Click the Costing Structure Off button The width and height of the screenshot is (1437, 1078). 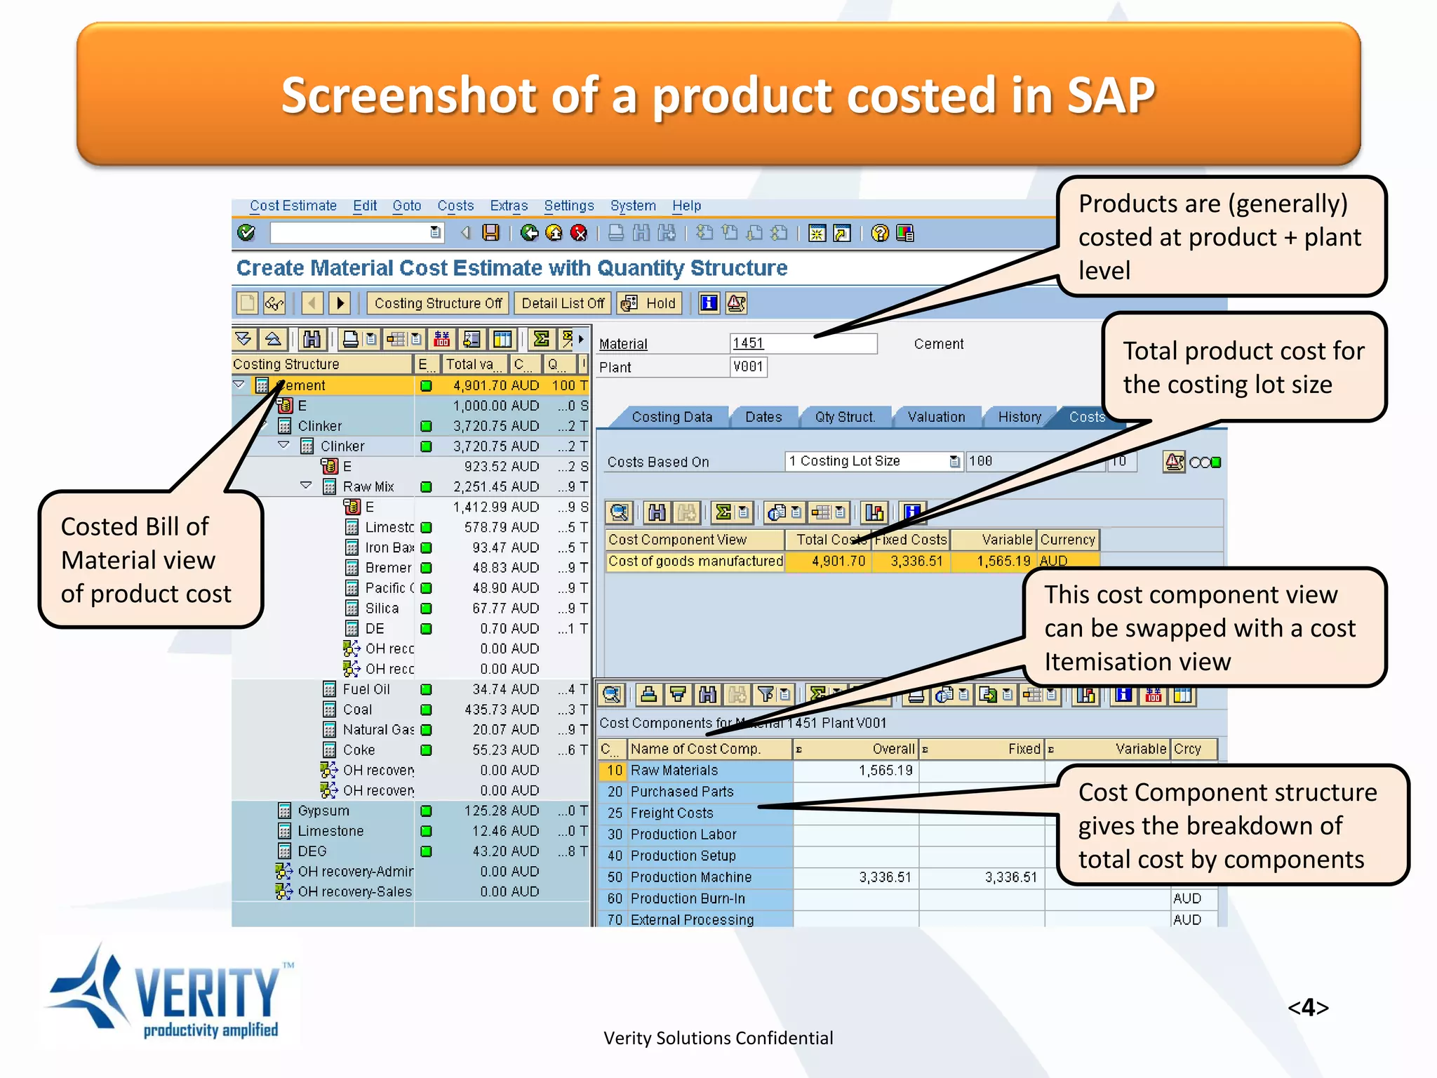[438, 303]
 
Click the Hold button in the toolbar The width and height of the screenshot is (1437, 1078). [650, 303]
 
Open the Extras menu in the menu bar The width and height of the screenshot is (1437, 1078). [508, 206]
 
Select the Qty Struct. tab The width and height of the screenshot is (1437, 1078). [845, 417]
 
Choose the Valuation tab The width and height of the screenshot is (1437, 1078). [936, 417]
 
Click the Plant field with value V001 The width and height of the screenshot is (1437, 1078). [748, 366]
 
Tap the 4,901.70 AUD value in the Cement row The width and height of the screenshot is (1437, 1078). [495, 385]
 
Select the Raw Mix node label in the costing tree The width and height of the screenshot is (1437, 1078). [368, 486]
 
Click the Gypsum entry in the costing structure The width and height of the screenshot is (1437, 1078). [323, 811]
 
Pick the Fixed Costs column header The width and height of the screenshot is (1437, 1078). [911, 540]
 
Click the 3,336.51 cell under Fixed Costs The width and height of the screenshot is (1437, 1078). [916, 561]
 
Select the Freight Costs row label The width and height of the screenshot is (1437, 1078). [671, 813]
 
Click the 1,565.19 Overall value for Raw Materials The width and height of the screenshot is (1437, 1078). [885, 770]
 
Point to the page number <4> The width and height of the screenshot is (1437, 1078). [1307, 1008]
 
